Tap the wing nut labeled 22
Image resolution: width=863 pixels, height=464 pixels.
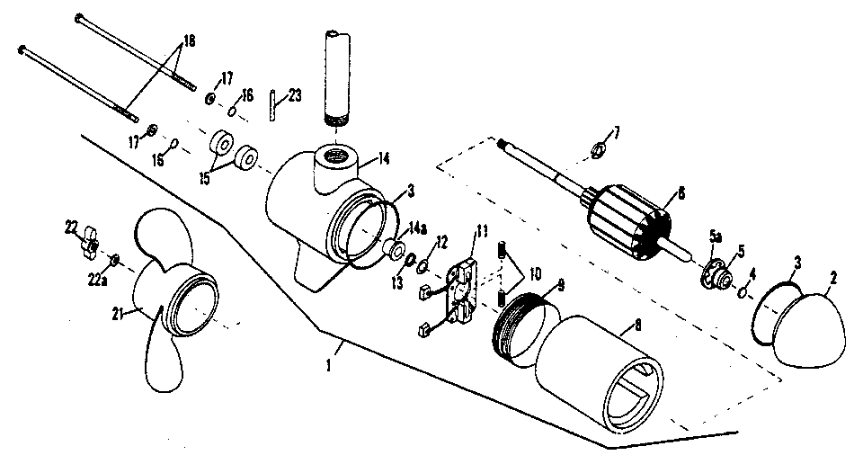(x=90, y=240)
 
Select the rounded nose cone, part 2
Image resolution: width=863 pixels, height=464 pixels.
(x=813, y=327)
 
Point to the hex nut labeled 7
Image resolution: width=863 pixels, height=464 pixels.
(x=597, y=147)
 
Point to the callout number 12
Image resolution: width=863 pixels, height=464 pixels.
(x=441, y=240)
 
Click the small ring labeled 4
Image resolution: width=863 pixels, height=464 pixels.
(x=743, y=292)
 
